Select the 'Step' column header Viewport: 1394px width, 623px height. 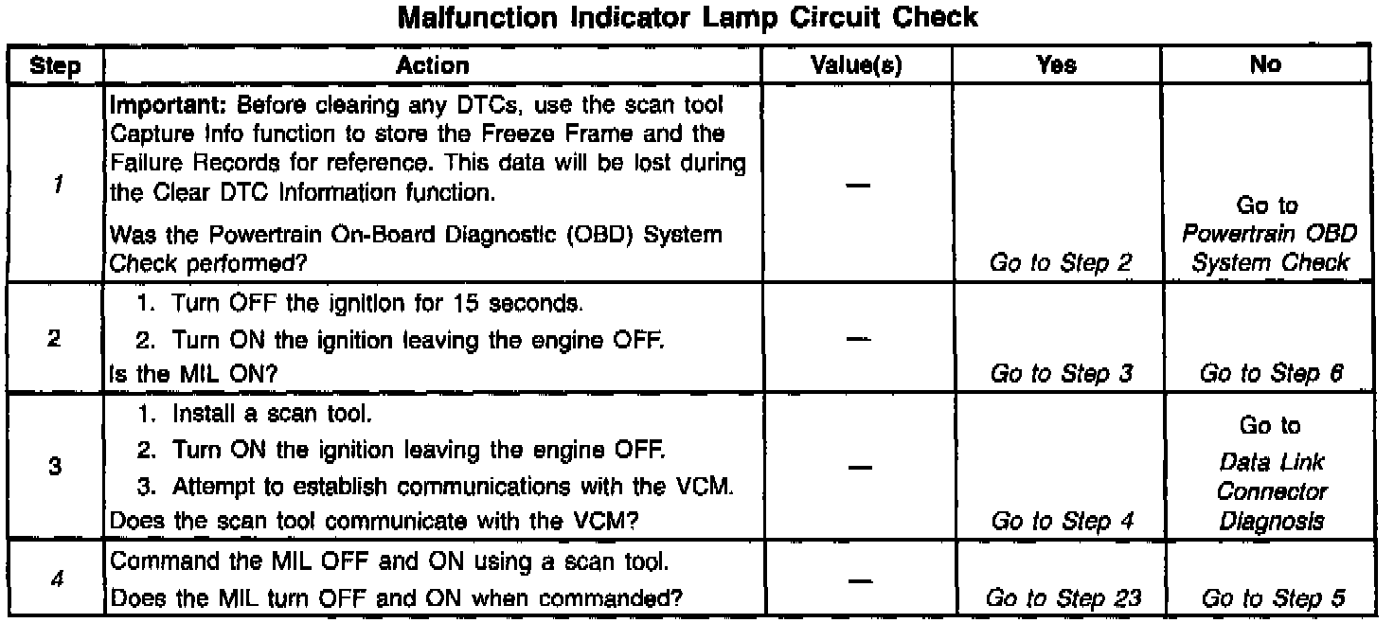(x=55, y=65)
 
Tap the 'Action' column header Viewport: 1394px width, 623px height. (x=432, y=65)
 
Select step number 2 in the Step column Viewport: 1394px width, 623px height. (x=57, y=339)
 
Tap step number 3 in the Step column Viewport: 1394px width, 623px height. (x=57, y=467)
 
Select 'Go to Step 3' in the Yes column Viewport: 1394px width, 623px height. (x=1061, y=374)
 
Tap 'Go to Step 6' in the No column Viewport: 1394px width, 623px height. (x=1271, y=374)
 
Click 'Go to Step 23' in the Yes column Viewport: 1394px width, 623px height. (x=1061, y=598)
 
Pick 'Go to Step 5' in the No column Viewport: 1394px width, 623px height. (x=1271, y=598)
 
